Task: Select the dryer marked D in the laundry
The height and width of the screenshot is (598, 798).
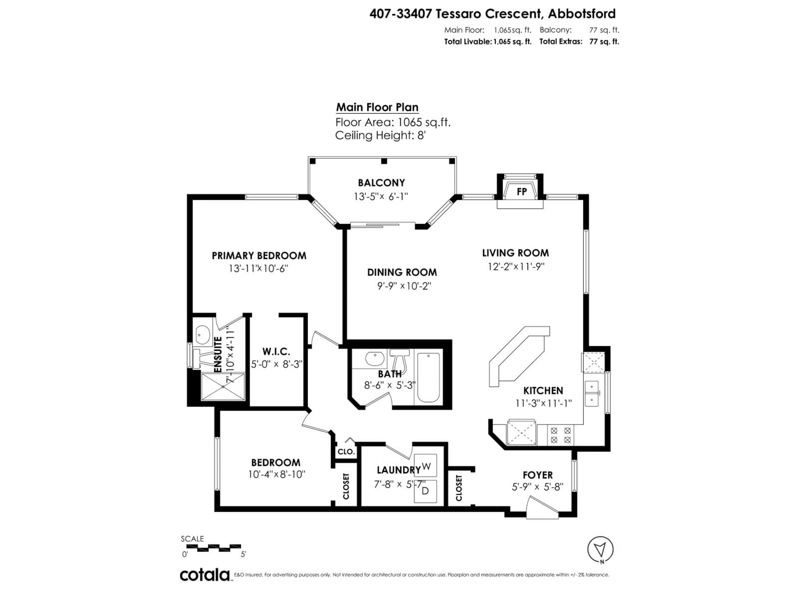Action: point(425,491)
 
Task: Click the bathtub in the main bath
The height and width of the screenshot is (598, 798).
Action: point(428,377)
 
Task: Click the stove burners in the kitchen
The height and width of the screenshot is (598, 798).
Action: point(560,435)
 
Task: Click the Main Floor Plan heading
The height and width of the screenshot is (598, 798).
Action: point(377,107)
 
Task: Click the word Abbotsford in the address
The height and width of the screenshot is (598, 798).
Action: point(581,14)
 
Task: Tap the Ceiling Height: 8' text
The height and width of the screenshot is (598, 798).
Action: point(380,136)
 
